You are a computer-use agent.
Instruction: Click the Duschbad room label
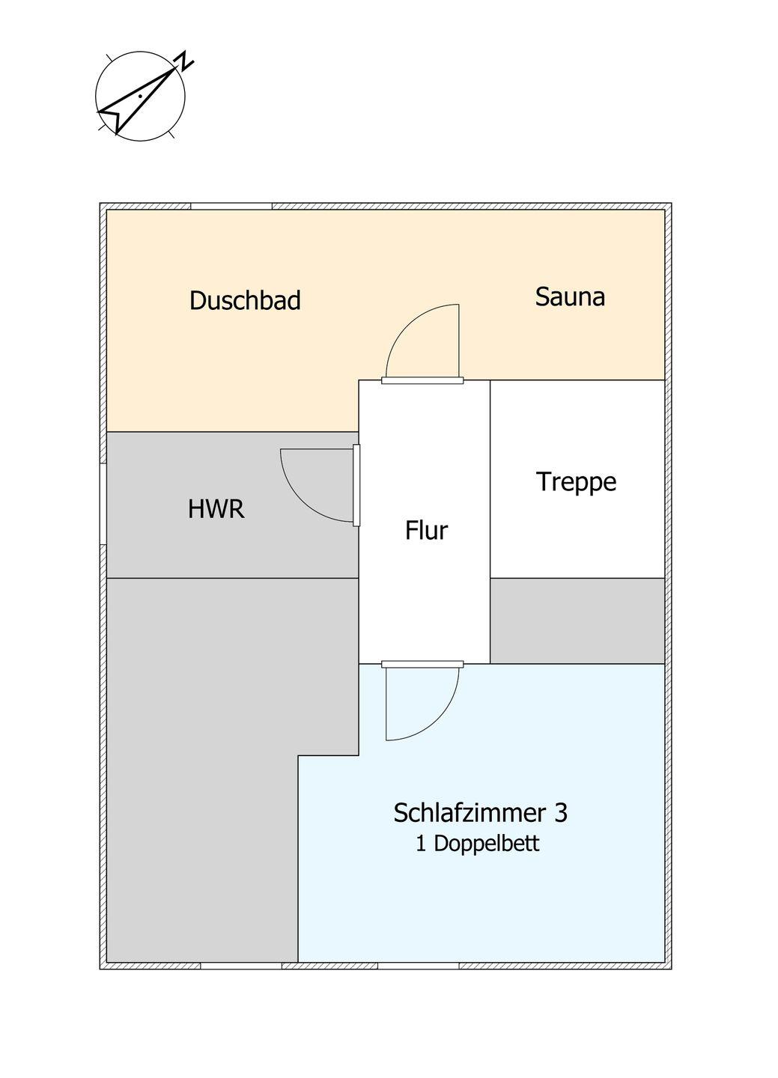[245, 300]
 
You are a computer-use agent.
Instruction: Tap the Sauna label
[570, 296]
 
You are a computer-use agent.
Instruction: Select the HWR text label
[216, 509]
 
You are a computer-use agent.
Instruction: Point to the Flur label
[426, 530]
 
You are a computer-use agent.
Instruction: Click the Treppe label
[577, 482]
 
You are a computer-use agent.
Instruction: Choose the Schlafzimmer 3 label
[481, 813]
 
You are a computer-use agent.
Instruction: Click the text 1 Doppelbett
[477, 844]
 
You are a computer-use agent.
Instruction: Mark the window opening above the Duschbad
[231, 207]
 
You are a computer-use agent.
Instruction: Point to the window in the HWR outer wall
[103, 504]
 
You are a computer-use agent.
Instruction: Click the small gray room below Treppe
[578, 621]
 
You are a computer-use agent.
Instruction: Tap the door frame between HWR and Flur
[356, 486]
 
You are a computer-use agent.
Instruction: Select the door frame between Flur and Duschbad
[423, 380]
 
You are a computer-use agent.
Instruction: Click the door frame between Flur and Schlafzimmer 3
[423, 664]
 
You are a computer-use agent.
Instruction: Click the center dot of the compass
[139, 96]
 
